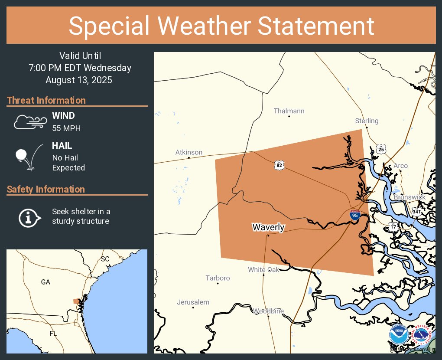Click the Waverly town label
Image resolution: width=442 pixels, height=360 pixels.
click(268, 227)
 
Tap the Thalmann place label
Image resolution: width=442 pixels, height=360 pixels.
click(289, 111)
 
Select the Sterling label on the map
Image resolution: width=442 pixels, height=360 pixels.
click(367, 121)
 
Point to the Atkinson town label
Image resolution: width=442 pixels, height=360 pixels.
click(188, 152)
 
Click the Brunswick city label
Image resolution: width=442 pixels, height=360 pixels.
click(409, 197)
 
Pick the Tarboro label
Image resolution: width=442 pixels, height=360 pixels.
click(218, 278)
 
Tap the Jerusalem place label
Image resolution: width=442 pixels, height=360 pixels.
click(193, 302)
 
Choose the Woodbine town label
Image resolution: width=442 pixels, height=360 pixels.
click(268, 311)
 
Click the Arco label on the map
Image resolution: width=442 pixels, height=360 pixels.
click(400, 166)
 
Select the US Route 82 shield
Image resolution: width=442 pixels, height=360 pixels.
click(279, 165)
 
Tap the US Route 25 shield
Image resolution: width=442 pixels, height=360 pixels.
click(381, 150)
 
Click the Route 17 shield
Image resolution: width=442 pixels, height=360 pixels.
click(393, 226)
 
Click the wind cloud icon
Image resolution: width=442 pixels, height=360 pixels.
click(29, 122)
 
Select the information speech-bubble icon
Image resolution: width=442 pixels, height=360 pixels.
click(29, 217)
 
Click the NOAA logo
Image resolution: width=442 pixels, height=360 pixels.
click(399, 335)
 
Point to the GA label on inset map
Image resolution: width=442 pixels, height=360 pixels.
click(45, 282)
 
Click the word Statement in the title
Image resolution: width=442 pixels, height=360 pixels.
click(316, 26)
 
